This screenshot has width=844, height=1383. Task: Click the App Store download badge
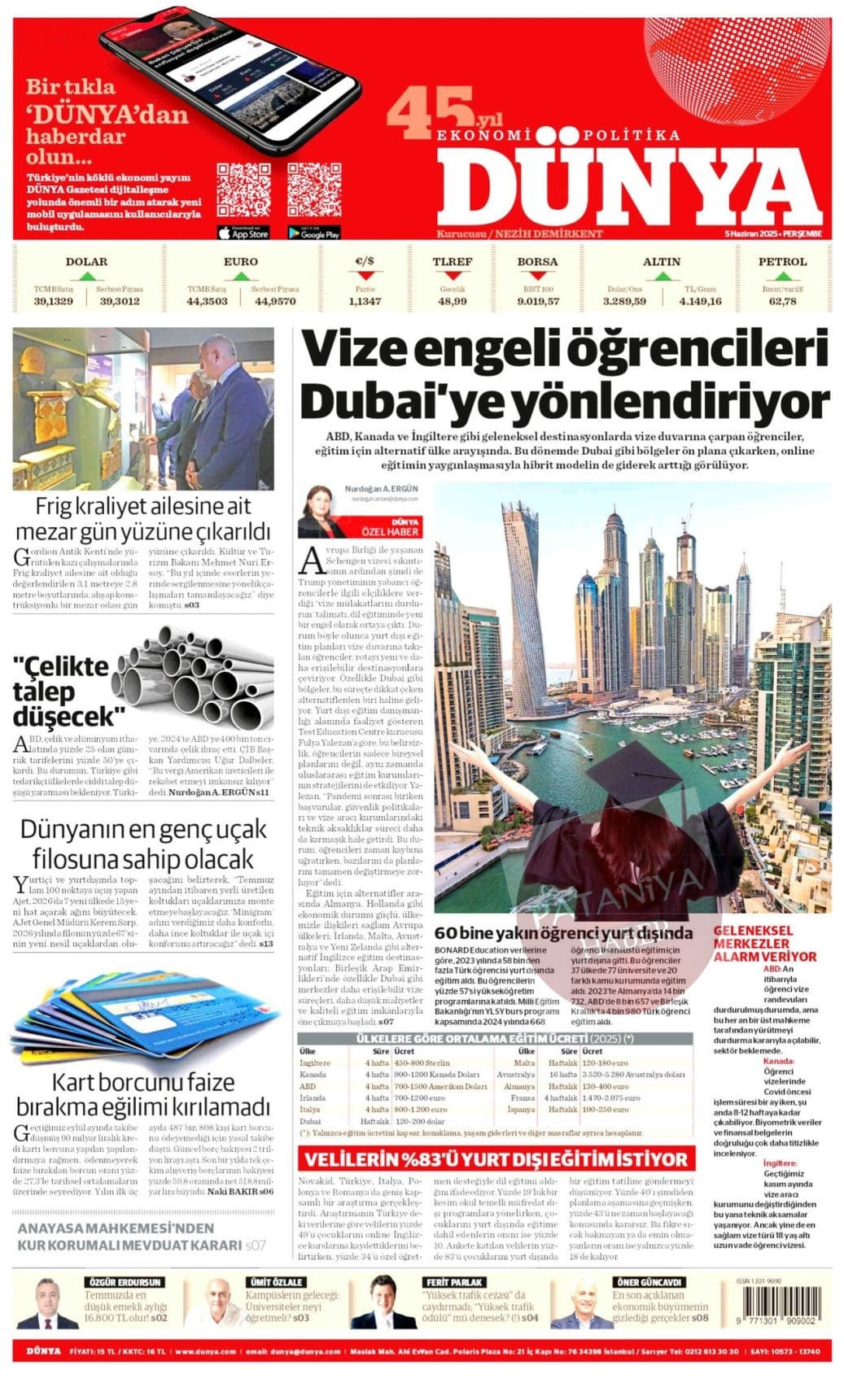243,233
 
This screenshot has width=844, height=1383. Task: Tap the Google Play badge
313,233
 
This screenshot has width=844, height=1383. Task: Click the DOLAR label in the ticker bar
86,261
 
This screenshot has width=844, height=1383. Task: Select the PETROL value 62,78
782,301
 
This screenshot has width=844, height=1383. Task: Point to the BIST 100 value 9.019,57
538,301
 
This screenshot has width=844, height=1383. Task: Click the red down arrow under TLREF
453,277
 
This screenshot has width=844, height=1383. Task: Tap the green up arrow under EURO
240,277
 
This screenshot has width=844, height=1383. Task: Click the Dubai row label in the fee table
310,1120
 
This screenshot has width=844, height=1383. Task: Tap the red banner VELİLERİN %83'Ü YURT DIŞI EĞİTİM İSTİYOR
496,1158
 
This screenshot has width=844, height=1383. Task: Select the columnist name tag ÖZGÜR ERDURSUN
124,1282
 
